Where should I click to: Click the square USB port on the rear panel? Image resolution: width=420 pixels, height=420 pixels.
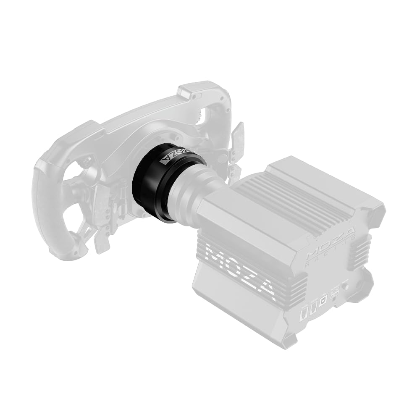[x=323, y=301]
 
